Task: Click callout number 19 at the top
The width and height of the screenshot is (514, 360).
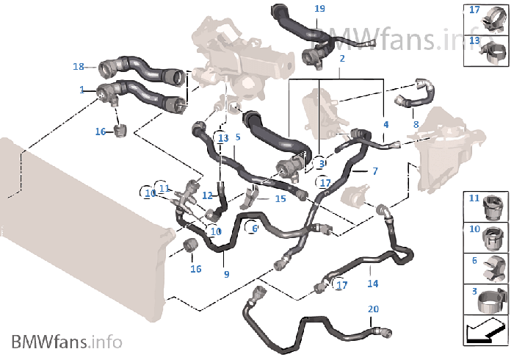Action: (x=319, y=8)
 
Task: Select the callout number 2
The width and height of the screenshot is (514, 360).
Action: (x=342, y=58)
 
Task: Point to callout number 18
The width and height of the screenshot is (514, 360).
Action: (x=79, y=67)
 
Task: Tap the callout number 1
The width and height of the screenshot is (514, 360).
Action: (x=82, y=90)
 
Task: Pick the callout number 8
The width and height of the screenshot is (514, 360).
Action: (x=416, y=124)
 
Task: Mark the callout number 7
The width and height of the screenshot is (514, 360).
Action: (x=374, y=171)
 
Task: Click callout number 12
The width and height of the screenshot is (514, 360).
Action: (x=207, y=196)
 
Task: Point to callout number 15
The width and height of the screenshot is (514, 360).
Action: (x=280, y=198)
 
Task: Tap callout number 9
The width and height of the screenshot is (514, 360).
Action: (x=226, y=275)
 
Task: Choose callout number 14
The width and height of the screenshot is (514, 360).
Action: (x=373, y=283)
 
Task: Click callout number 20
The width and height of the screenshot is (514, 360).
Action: (x=373, y=309)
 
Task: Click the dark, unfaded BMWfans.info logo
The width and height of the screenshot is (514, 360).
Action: (x=66, y=342)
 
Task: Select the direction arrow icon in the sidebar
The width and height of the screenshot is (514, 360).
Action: (x=485, y=331)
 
